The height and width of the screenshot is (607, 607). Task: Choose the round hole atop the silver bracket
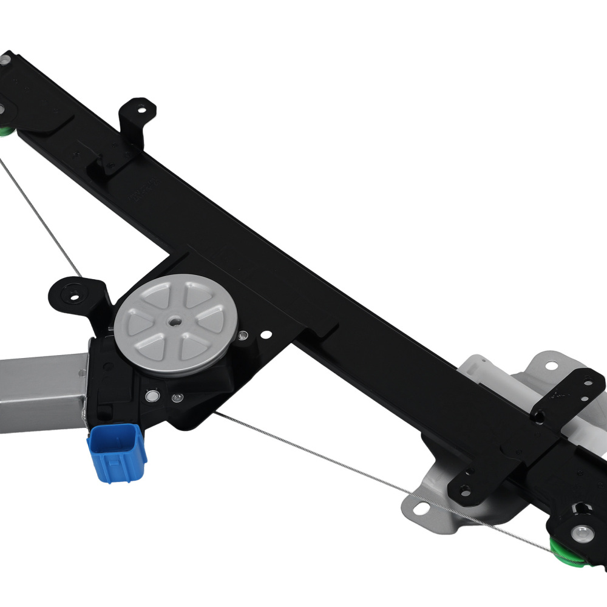tap(551, 365)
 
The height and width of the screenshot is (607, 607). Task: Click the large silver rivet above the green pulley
tap(581, 532)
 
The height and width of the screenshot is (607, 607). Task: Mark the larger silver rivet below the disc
tap(152, 396)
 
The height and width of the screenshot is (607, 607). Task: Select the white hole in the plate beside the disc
tap(266, 333)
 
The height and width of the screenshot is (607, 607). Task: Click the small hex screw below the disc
tap(177, 398)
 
